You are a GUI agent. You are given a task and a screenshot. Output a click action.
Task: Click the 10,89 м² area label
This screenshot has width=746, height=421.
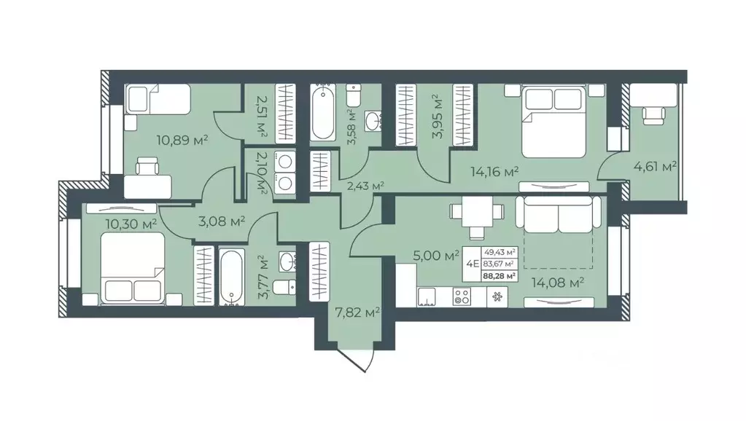[182, 140]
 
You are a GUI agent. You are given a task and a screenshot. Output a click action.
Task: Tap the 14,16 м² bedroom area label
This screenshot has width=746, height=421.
[495, 171]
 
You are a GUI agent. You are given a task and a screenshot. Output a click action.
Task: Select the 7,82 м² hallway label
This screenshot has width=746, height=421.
[357, 312]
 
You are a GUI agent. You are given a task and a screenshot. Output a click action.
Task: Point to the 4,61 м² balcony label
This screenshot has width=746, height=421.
[655, 166]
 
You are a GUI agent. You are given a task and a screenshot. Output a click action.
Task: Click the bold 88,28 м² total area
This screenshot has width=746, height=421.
[499, 275]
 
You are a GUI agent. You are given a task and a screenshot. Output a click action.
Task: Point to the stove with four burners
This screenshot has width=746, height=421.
[462, 297]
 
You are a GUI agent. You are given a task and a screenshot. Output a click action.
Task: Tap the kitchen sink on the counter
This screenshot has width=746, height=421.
[427, 297]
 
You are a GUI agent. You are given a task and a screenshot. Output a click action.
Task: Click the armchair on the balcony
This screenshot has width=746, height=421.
[653, 115]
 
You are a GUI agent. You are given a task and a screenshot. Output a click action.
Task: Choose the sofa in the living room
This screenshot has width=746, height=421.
[558, 215]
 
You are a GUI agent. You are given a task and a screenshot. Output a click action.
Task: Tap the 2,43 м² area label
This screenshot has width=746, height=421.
[365, 186]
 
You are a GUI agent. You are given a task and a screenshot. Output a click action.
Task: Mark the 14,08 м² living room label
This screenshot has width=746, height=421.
[558, 283]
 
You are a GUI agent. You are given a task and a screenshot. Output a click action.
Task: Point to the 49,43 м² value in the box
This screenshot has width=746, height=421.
[499, 252]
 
